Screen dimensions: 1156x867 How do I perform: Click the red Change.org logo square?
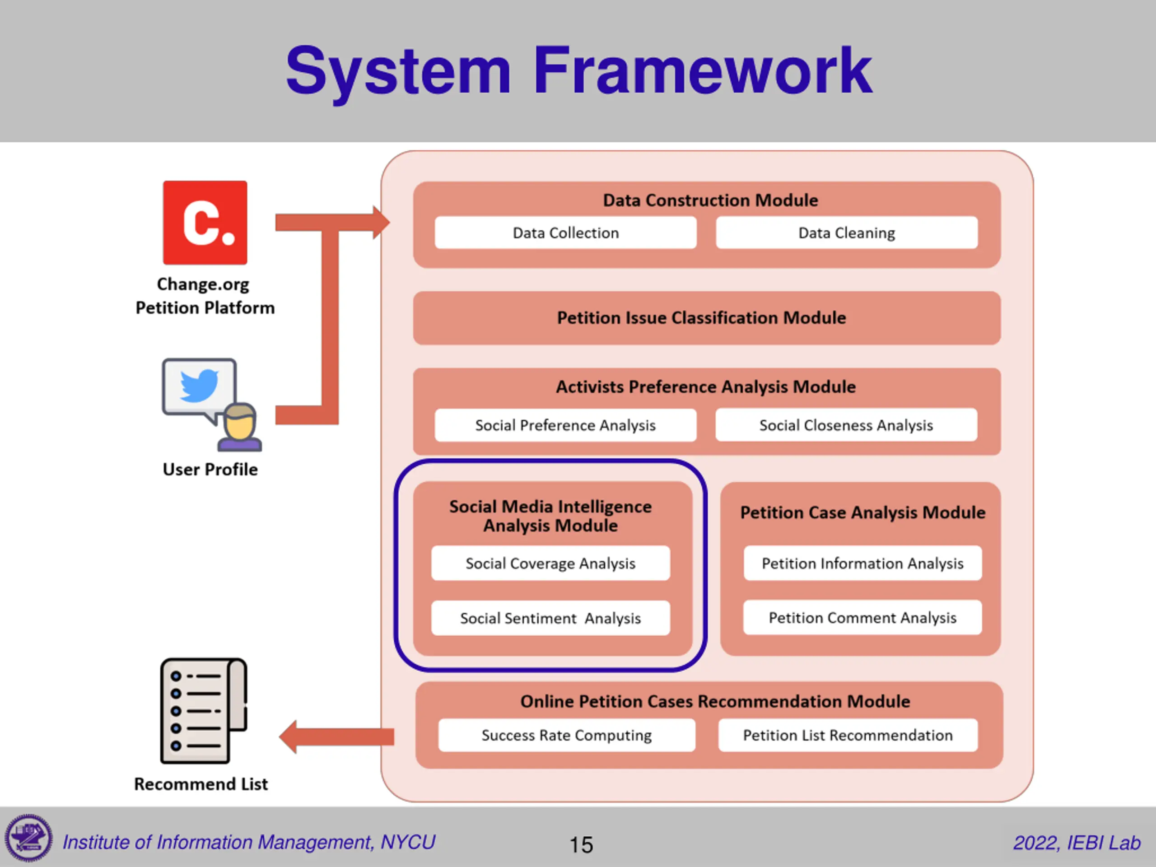[x=205, y=223]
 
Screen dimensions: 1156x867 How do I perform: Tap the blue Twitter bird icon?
[x=199, y=385]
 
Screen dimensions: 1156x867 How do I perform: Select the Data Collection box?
[x=565, y=233]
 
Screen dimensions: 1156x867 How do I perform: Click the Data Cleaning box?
[x=847, y=233]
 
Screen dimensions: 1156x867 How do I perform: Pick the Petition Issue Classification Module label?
[x=701, y=318]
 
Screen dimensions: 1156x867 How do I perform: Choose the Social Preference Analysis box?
[x=565, y=425]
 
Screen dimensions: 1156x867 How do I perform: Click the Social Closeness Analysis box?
[x=846, y=425]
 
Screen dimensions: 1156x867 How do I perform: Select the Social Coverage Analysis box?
[x=550, y=564]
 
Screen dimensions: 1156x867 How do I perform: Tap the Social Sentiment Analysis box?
[x=550, y=618]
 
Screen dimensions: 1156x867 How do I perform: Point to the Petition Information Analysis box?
[x=863, y=564]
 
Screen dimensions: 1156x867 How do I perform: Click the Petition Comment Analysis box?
[x=863, y=618]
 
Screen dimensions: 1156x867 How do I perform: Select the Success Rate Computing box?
[x=567, y=735]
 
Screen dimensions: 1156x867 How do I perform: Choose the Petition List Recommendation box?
[x=848, y=735]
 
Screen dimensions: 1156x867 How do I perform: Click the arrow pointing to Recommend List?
[x=336, y=737]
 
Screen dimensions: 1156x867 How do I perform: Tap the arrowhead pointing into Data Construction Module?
[x=381, y=223]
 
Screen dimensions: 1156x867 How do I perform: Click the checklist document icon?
[x=204, y=711]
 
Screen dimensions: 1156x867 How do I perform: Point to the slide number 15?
[x=581, y=845]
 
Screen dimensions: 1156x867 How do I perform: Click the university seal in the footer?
[x=29, y=838]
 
